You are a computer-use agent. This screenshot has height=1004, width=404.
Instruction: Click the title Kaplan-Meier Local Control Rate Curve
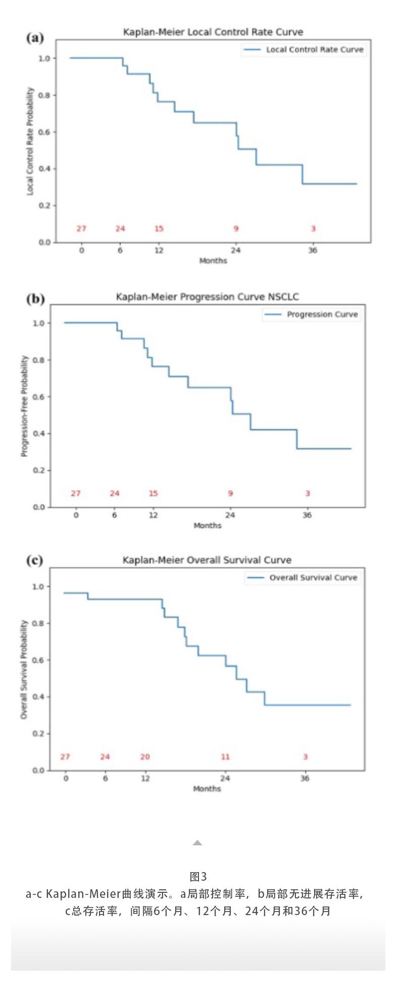pyautogui.click(x=213, y=32)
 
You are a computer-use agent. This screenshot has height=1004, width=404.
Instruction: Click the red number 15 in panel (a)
pyautogui.click(x=159, y=229)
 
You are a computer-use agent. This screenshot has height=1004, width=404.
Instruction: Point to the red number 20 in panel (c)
pyautogui.click(x=145, y=757)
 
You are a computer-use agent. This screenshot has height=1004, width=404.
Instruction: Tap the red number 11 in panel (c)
pyautogui.click(x=225, y=757)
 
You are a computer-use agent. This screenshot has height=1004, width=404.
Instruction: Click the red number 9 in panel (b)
pyautogui.click(x=230, y=494)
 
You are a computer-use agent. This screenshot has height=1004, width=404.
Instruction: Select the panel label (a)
pyautogui.click(x=35, y=38)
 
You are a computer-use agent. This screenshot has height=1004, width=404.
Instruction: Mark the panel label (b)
pyautogui.click(x=35, y=299)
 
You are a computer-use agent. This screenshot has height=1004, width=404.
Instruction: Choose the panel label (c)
pyautogui.click(x=35, y=560)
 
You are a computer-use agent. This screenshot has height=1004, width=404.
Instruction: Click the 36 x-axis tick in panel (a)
pyautogui.click(x=313, y=251)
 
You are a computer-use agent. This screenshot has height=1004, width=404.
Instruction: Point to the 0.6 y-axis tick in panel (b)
pyautogui.click(x=39, y=397)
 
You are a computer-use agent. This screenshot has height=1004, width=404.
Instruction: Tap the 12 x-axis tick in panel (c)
pyautogui.click(x=145, y=779)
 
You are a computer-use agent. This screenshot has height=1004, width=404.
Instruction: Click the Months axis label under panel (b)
pyautogui.click(x=208, y=526)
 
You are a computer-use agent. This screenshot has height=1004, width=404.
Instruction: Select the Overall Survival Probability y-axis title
pyautogui.click(x=24, y=670)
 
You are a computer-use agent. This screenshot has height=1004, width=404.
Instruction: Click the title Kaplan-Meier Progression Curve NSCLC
pyautogui.click(x=208, y=297)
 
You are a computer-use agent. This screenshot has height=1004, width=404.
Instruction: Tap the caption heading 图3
pyautogui.click(x=198, y=877)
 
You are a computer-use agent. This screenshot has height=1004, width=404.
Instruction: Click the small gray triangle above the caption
pyautogui.click(x=197, y=843)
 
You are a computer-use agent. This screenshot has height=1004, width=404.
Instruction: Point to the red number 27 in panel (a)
pyautogui.click(x=81, y=229)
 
